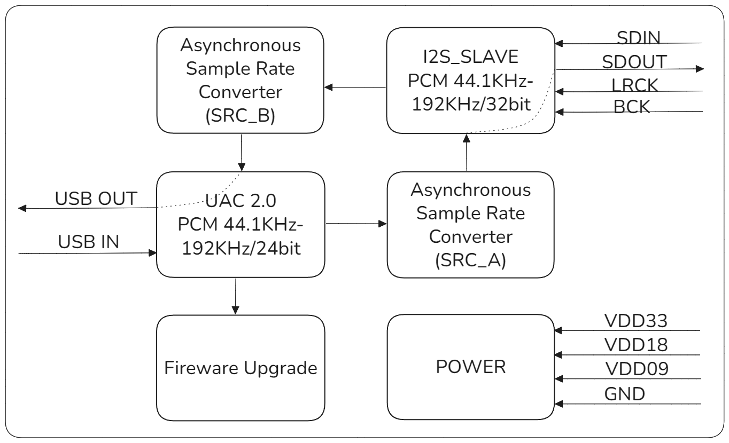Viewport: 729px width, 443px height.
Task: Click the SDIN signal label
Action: pos(638,38)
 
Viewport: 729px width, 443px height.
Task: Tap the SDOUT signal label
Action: pos(634,62)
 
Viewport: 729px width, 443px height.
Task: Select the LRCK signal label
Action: pos(634,85)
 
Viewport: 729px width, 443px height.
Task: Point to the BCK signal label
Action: pos(632,106)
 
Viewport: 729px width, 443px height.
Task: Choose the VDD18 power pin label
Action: pos(635,346)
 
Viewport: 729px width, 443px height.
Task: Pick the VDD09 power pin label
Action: pos(635,369)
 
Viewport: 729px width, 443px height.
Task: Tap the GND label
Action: pos(624,394)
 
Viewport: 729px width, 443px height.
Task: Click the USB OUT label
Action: pos(96,199)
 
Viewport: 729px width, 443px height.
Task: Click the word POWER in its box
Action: pos(470,368)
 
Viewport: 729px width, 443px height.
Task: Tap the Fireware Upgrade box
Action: pos(240,368)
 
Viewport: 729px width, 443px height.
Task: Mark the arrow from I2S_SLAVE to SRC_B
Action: pos(355,87)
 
